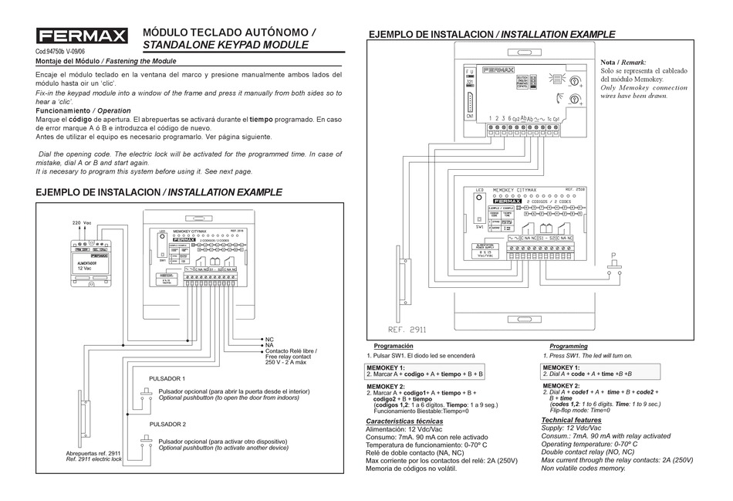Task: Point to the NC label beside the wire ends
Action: click(269, 339)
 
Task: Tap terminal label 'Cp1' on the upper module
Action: click(516, 118)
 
